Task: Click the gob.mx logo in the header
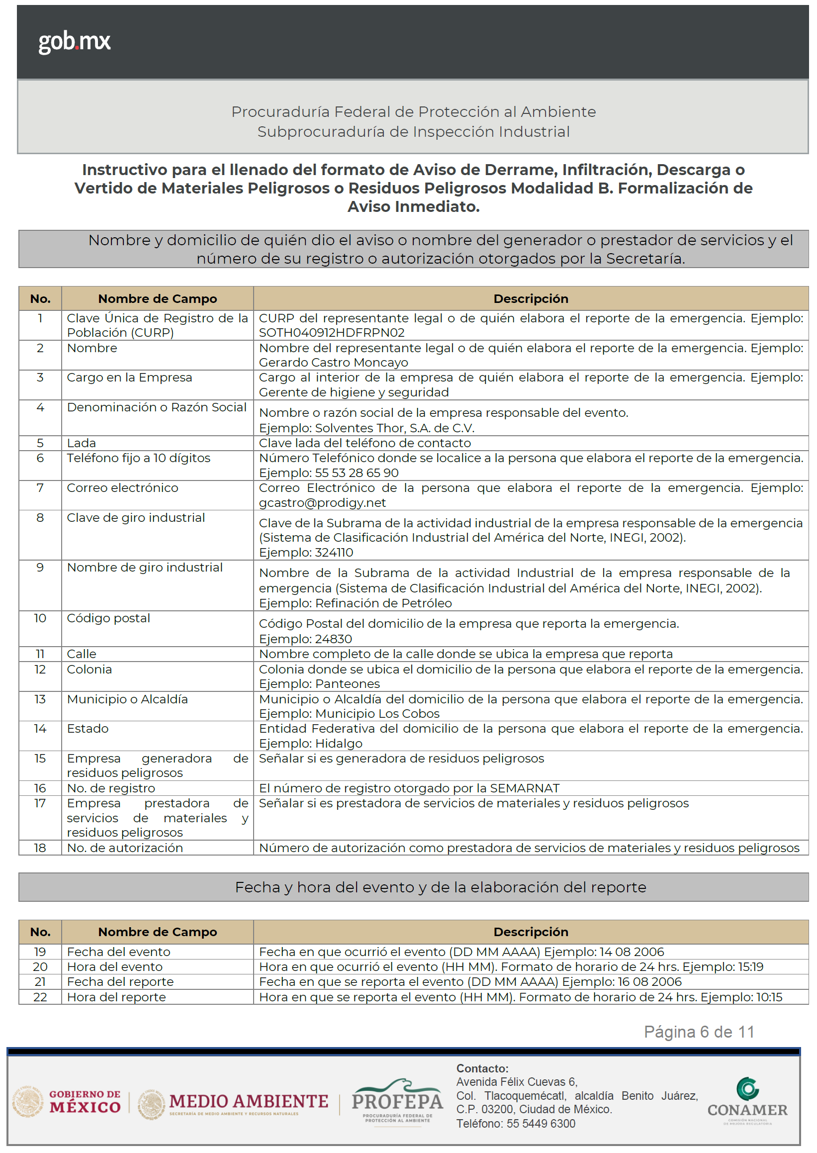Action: point(75,41)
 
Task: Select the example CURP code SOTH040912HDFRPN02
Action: point(332,333)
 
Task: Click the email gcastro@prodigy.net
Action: point(322,503)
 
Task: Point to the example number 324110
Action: point(334,553)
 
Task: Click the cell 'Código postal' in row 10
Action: point(109,618)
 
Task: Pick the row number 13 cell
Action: point(40,699)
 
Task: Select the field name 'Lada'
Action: point(82,443)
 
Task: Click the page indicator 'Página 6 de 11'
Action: point(699,1032)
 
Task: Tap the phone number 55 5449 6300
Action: point(541,1123)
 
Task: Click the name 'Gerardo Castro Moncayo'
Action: point(334,362)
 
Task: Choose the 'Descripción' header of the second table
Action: point(531,932)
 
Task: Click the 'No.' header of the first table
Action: point(40,298)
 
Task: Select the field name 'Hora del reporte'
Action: point(116,997)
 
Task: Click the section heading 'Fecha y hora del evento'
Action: point(440,887)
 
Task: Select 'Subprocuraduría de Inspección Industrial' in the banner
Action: point(413,132)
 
